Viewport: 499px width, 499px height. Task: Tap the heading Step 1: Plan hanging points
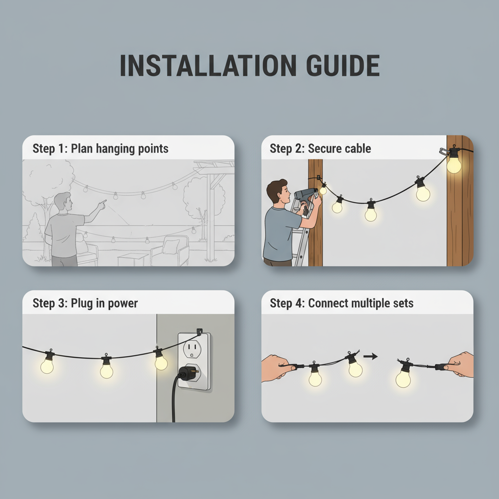point(100,149)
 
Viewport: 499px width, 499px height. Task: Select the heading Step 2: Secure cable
point(320,149)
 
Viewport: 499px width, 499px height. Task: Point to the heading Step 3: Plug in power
point(85,304)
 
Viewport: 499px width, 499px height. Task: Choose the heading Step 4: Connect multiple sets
point(342,304)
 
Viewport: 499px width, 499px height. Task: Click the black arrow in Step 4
point(370,357)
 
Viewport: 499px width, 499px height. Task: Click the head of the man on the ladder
point(278,191)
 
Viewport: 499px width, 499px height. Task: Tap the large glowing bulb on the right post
point(454,163)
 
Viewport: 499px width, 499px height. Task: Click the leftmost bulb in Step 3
point(47,364)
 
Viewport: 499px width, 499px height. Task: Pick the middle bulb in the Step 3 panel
point(106,370)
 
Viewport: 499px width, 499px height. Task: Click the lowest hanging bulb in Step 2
point(371,213)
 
